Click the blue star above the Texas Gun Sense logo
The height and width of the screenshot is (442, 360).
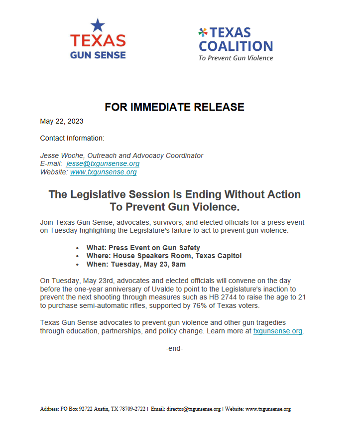coord(98,25)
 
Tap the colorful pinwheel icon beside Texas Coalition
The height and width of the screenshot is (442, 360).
coord(203,33)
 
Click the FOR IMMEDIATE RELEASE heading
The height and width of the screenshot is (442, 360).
coord(174,107)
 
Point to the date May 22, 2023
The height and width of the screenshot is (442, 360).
coord(62,121)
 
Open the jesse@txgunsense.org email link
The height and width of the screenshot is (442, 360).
coord(103,163)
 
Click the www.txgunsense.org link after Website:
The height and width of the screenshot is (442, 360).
coord(104,172)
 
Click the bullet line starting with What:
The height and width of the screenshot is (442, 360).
coord(136,248)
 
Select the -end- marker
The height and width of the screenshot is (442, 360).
coord(174,348)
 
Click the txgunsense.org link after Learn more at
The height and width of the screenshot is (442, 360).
coord(278,331)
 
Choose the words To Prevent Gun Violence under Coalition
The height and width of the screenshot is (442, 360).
coord(236,58)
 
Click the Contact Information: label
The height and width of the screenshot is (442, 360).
coord(72,138)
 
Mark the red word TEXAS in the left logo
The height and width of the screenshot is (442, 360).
coord(98,41)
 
